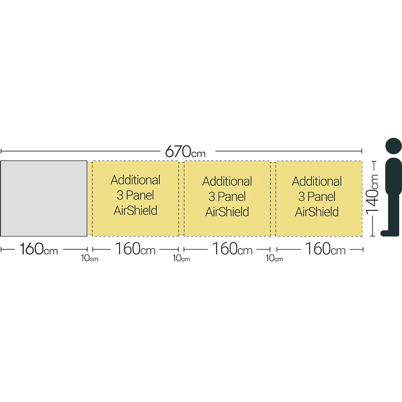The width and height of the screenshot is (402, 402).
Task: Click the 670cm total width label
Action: (185, 152)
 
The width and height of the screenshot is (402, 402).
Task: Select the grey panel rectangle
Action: (44, 198)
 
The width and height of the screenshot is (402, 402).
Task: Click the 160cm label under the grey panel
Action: (39, 249)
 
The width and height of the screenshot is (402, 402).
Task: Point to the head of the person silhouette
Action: (393, 147)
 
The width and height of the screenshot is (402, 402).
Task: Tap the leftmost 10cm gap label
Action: (90, 258)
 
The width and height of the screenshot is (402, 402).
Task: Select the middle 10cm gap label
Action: (181, 258)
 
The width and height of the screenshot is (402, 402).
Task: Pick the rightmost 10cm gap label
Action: (274, 258)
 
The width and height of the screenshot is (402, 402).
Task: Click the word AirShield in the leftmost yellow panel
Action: (135, 210)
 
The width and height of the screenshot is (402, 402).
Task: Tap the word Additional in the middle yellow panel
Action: (227, 181)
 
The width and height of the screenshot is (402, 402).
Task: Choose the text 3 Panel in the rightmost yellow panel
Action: (317, 197)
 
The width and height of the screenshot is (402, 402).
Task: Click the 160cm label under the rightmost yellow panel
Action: (325, 249)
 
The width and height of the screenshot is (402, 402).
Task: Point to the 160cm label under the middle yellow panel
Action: (232, 249)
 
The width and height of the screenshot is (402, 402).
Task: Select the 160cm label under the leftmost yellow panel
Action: (135, 249)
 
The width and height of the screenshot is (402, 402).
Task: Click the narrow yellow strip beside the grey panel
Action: (90, 198)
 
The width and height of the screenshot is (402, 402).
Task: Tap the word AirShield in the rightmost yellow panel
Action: (317, 212)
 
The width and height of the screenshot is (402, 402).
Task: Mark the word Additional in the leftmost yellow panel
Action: (135, 180)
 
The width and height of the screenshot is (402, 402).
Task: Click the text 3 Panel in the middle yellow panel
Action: (227, 197)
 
